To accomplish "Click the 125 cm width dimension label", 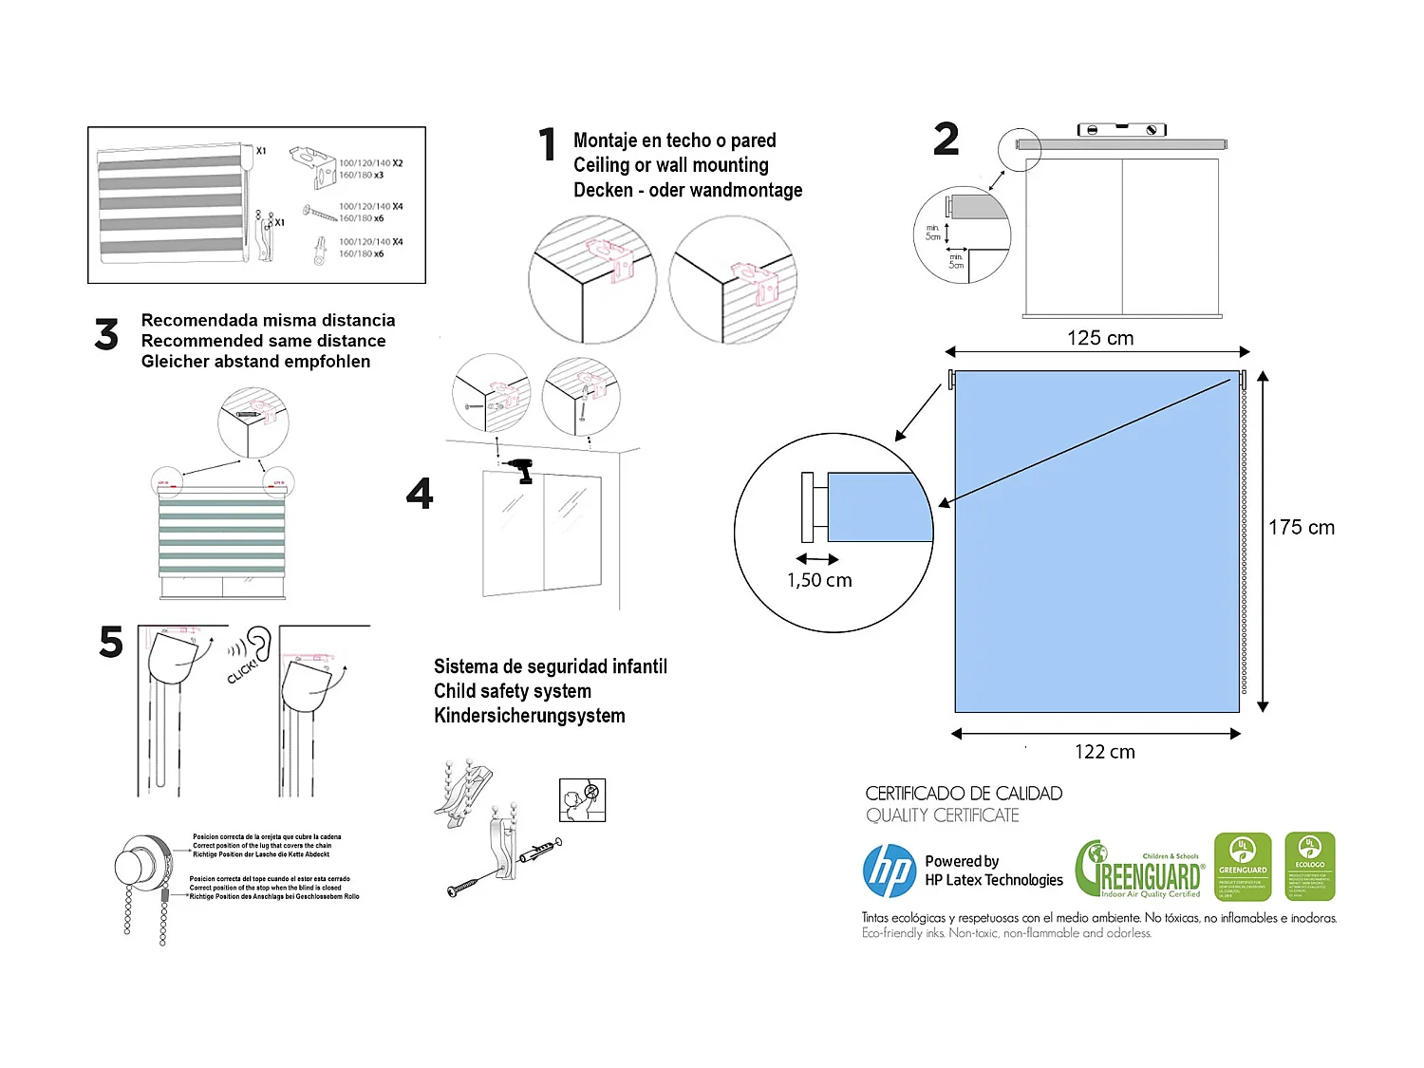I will click(x=1100, y=338).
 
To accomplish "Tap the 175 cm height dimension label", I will click(x=1302, y=528).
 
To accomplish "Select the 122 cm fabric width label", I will click(x=1104, y=752).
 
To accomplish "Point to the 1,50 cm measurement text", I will click(x=819, y=580).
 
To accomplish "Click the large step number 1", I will click(x=547, y=145).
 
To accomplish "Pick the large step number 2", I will click(x=946, y=140).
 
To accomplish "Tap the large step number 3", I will click(x=107, y=335).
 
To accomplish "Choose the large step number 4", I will click(x=420, y=494).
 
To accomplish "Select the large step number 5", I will click(x=111, y=643).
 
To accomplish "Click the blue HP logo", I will click(x=890, y=871).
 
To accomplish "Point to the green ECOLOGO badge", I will click(x=1309, y=867).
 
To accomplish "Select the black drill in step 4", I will click(x=521, y=470).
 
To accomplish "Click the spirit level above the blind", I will click(x=1122, y=130).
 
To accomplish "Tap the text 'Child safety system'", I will click(x=513, y=691).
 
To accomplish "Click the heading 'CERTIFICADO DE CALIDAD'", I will click(x=964, y=794).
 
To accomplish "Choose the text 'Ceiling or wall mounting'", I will click(x=671, y=165).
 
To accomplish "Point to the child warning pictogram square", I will click(x=583, y=799).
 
